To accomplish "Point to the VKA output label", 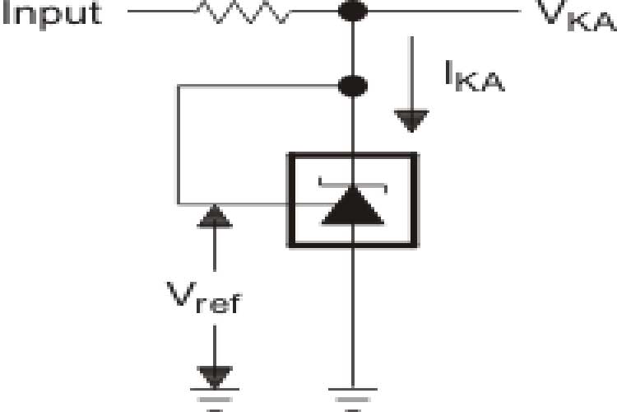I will [x=576, y=14].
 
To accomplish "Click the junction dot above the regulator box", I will [x=353, y=84].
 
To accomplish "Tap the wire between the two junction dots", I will [x=353, y=48].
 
